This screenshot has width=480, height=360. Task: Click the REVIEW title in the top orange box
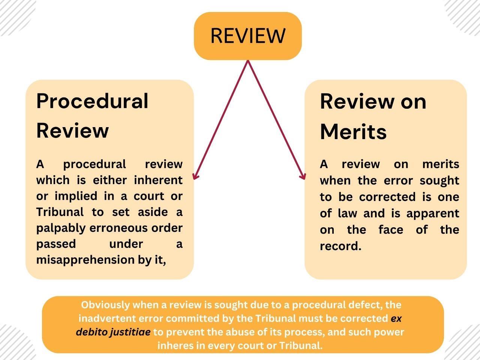click(x=247, y=36)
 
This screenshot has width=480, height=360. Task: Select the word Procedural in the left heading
click(x=92, y=101)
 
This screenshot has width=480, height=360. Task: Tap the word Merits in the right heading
click(x=353, y=132)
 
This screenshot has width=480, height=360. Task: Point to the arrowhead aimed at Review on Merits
click(x=303, y=177)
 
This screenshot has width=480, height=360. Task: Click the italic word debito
click(x=91, y=332)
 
